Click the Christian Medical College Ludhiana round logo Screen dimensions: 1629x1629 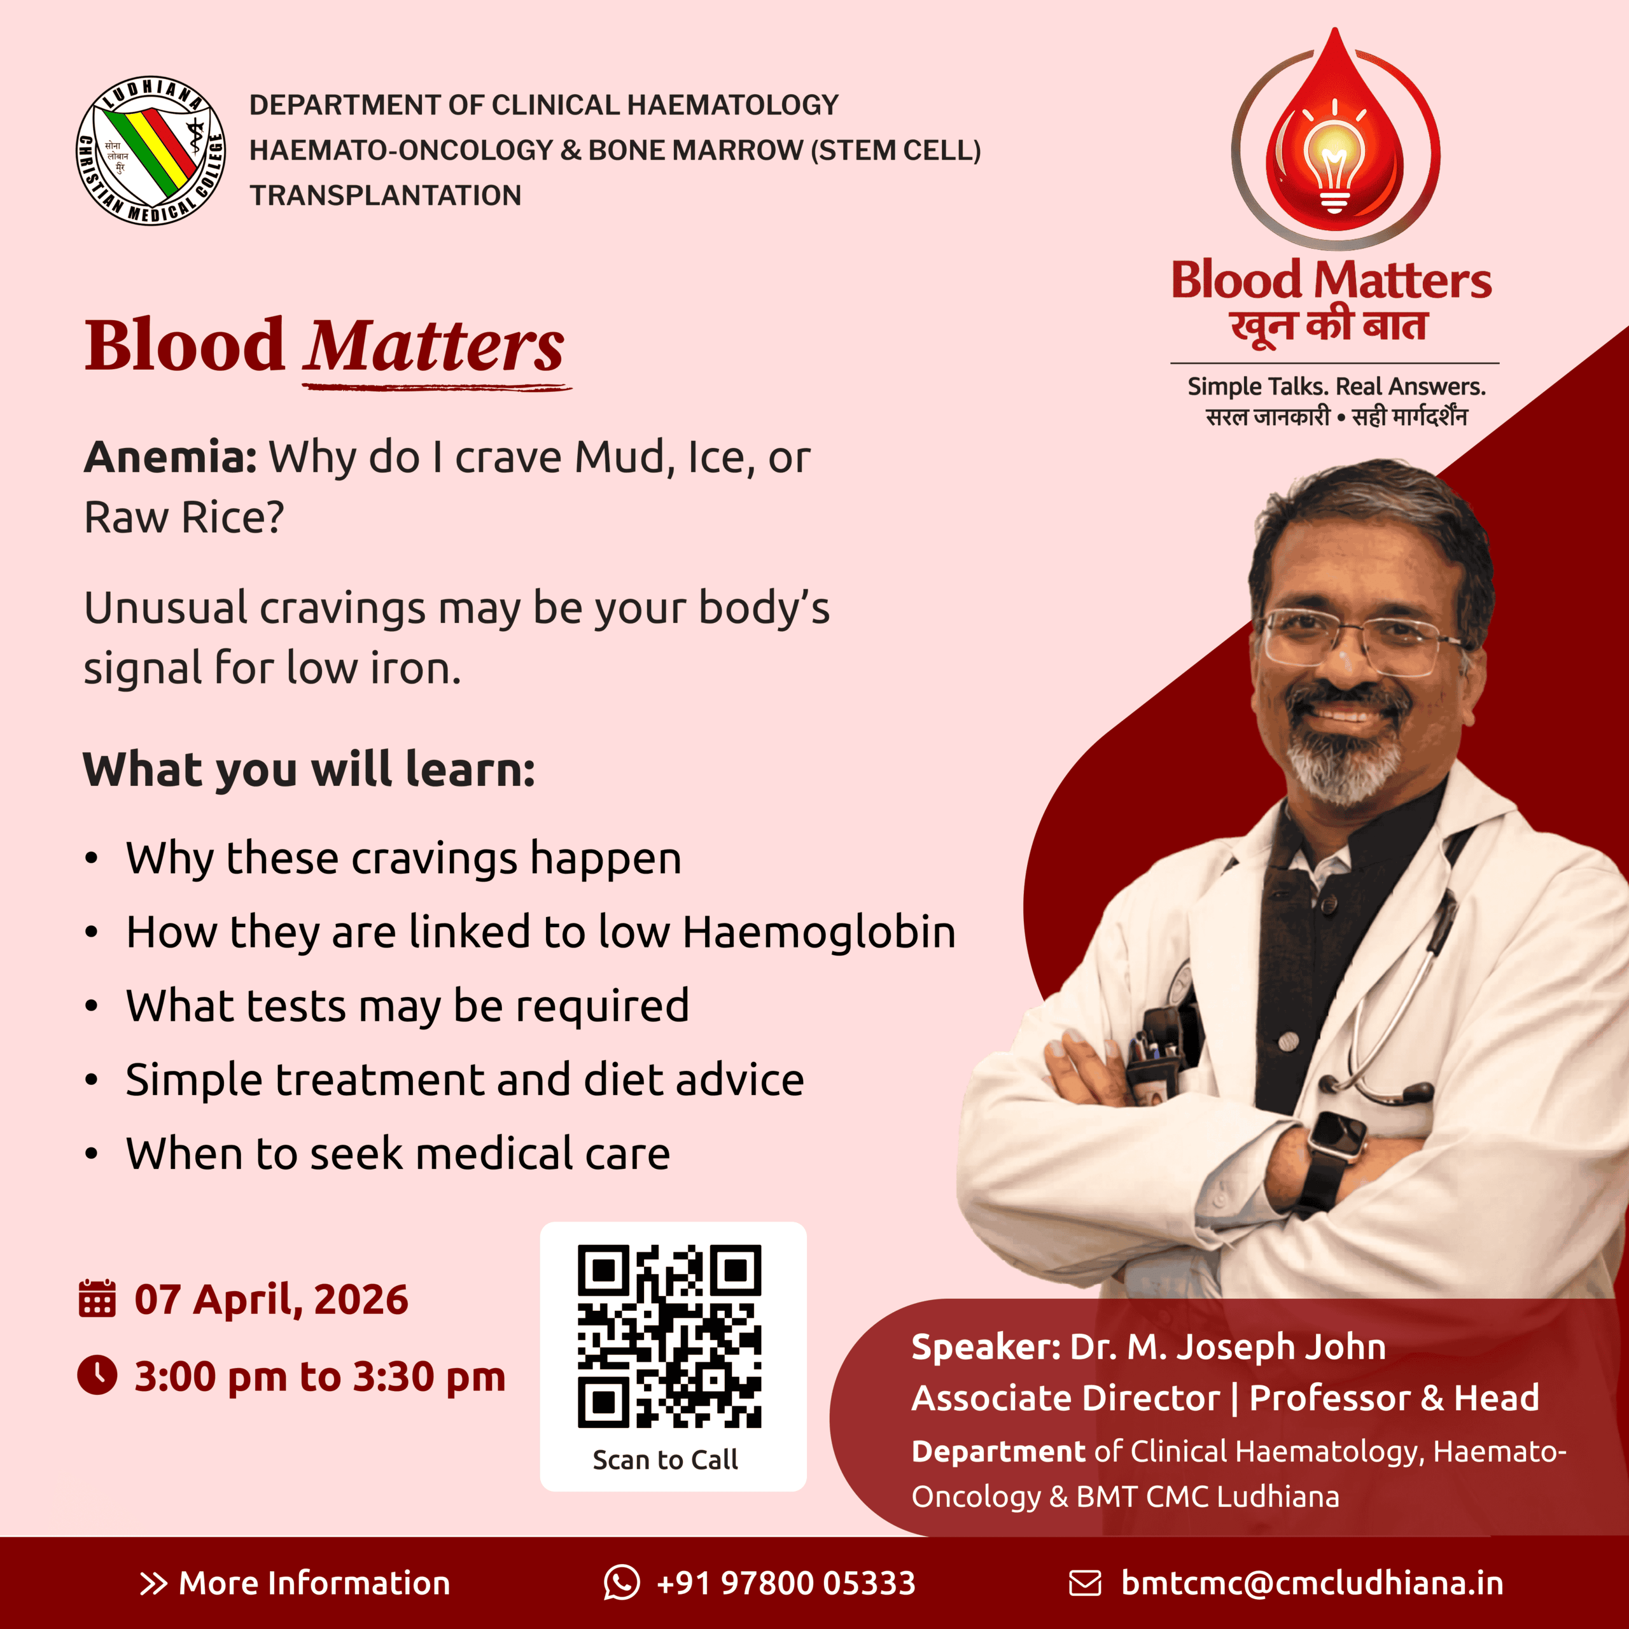coord(151,151)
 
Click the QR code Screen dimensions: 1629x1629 coord(669,1336)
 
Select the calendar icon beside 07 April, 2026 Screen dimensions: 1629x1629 coord(97,1299)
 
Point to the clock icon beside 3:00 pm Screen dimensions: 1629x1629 coord(97,1375)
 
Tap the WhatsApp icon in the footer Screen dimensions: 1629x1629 coord(622,1582)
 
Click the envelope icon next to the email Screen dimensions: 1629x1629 coord(1085,1583)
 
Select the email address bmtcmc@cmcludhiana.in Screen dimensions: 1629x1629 coord(1312,1583)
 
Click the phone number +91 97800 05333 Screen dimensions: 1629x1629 coord(786,1583)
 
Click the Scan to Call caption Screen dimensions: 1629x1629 coord(665,1460)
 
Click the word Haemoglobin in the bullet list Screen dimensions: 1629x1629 coord(820,933)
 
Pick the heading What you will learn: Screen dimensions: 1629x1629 coord(309,770)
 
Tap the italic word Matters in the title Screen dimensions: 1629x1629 coord(434,345)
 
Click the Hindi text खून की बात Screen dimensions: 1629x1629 coord(1329,325)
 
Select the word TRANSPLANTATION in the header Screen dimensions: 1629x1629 coord(386,195)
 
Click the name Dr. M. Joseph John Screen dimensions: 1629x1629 coord(1227,1347)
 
